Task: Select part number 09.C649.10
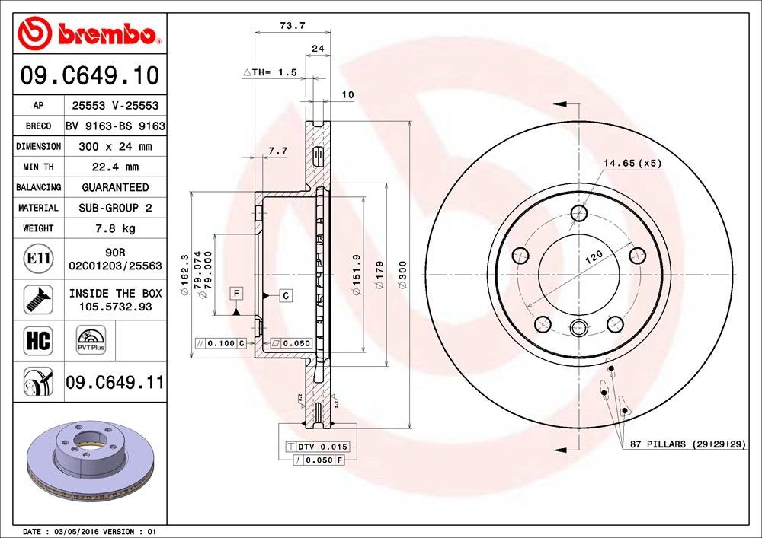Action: [x=89, y=76]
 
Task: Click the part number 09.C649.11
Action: [x=114, y=382]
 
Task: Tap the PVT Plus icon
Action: [x=90, y=340]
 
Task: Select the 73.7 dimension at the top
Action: [x=293, y=25]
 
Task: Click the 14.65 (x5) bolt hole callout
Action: [x=632, y=163]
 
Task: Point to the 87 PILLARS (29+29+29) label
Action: [x=686, y=444]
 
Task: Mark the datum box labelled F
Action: [x=237, y=293]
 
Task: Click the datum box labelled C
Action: [x=285, y=294]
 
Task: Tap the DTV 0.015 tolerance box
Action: [x=318, y=447]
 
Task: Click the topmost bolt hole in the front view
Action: [x=579, y=213]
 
